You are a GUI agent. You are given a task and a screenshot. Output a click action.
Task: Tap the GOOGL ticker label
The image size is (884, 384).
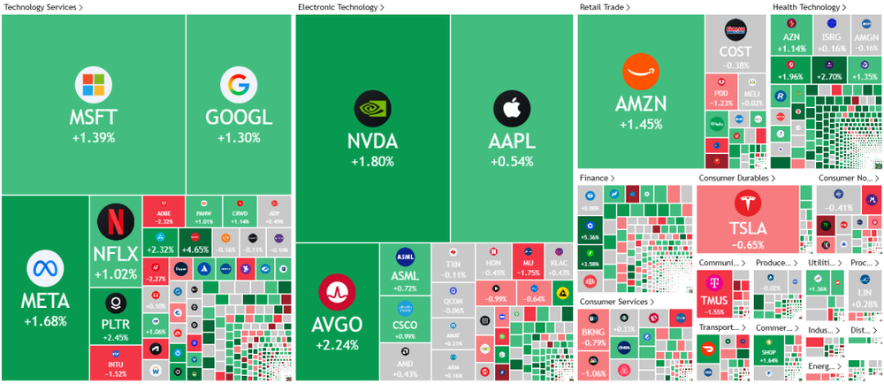238,118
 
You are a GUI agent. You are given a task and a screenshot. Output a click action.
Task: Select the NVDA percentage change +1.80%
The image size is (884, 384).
372,162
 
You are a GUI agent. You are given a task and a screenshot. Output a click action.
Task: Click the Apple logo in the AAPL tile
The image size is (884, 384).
511,107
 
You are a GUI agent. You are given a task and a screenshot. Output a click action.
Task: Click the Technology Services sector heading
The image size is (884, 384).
39,7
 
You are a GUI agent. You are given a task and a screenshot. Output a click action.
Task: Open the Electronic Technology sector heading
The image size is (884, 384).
337,7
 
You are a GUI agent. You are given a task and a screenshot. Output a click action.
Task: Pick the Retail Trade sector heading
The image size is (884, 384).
605,7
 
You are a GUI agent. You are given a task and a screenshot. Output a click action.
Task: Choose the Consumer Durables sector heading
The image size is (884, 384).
737,178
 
